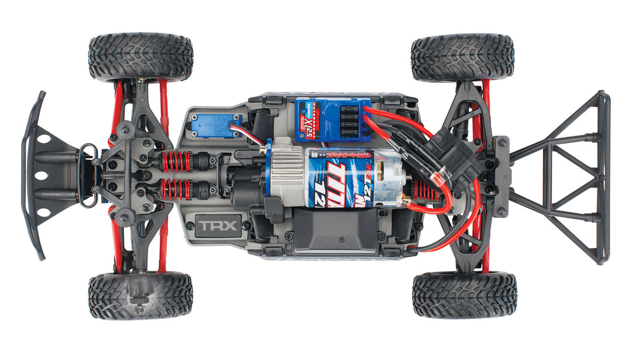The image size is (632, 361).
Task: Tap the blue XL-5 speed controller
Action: [x=333, y=120]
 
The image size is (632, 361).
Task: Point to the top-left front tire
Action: [x=140, y=57]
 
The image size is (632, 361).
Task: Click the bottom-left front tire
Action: [x=140, y=295]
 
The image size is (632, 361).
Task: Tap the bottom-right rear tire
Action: [x=465, y=295]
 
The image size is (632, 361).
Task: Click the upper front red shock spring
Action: [x=176, y=161]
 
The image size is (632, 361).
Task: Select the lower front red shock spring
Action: [x=176, y=189]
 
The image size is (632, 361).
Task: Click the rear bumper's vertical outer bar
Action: [x=603, y=176]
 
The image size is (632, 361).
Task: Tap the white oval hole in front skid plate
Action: [x=40, y=176]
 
